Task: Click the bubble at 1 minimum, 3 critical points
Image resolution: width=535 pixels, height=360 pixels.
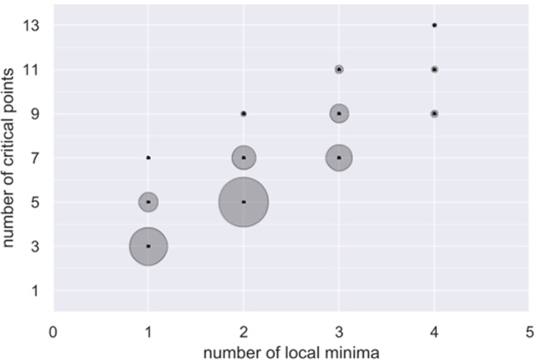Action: pyautogui.click(x=148, y=246)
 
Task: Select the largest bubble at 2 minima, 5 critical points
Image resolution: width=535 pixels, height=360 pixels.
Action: pyautogui.click(x=244, y=202)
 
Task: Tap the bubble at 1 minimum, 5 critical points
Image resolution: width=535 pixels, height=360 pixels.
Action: pyautogui.click(x=148, y=202)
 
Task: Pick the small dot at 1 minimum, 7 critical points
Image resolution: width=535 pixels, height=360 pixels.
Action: pyautogui.click(x=148, y=158)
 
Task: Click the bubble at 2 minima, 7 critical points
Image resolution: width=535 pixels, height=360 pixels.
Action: pyautogui.click(x=244, y=158)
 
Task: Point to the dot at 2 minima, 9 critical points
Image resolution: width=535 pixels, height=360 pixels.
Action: pyautogui.click(x=244, y=114)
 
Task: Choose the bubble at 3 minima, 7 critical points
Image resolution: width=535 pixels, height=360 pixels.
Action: pyautogui.click(x=339, y=158)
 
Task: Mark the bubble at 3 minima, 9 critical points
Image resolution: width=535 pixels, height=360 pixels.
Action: pyautogui.click(x=339, y=114)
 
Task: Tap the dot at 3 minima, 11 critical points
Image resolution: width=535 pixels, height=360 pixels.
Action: pyautogui.click(x=339, y=69)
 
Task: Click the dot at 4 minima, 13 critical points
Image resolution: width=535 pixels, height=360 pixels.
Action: pyautogui.click(x=434, y=25)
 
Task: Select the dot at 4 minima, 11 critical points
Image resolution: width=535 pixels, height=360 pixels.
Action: pyautogui.click(x=434, y=69)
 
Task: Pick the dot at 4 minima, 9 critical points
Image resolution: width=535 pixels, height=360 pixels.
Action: pyautogui.click(x=434, y=114)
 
